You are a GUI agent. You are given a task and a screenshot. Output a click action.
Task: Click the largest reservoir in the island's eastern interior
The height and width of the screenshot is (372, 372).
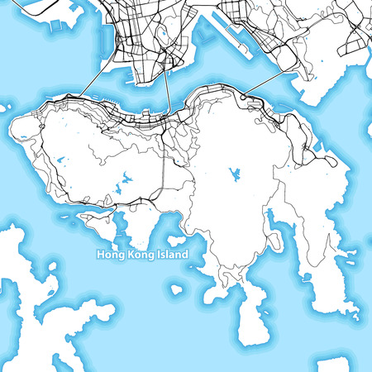point(235,174)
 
